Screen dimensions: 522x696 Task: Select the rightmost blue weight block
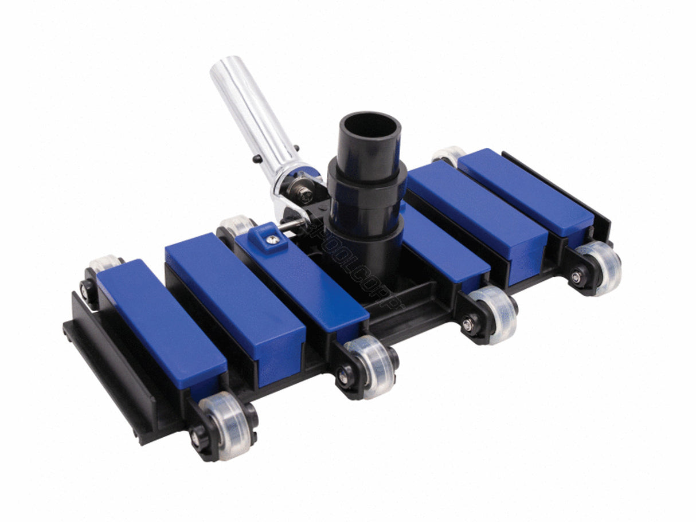pos(525,190)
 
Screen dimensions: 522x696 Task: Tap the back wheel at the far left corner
pos(103,266)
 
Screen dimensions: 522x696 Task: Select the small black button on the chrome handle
pos(257,159)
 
